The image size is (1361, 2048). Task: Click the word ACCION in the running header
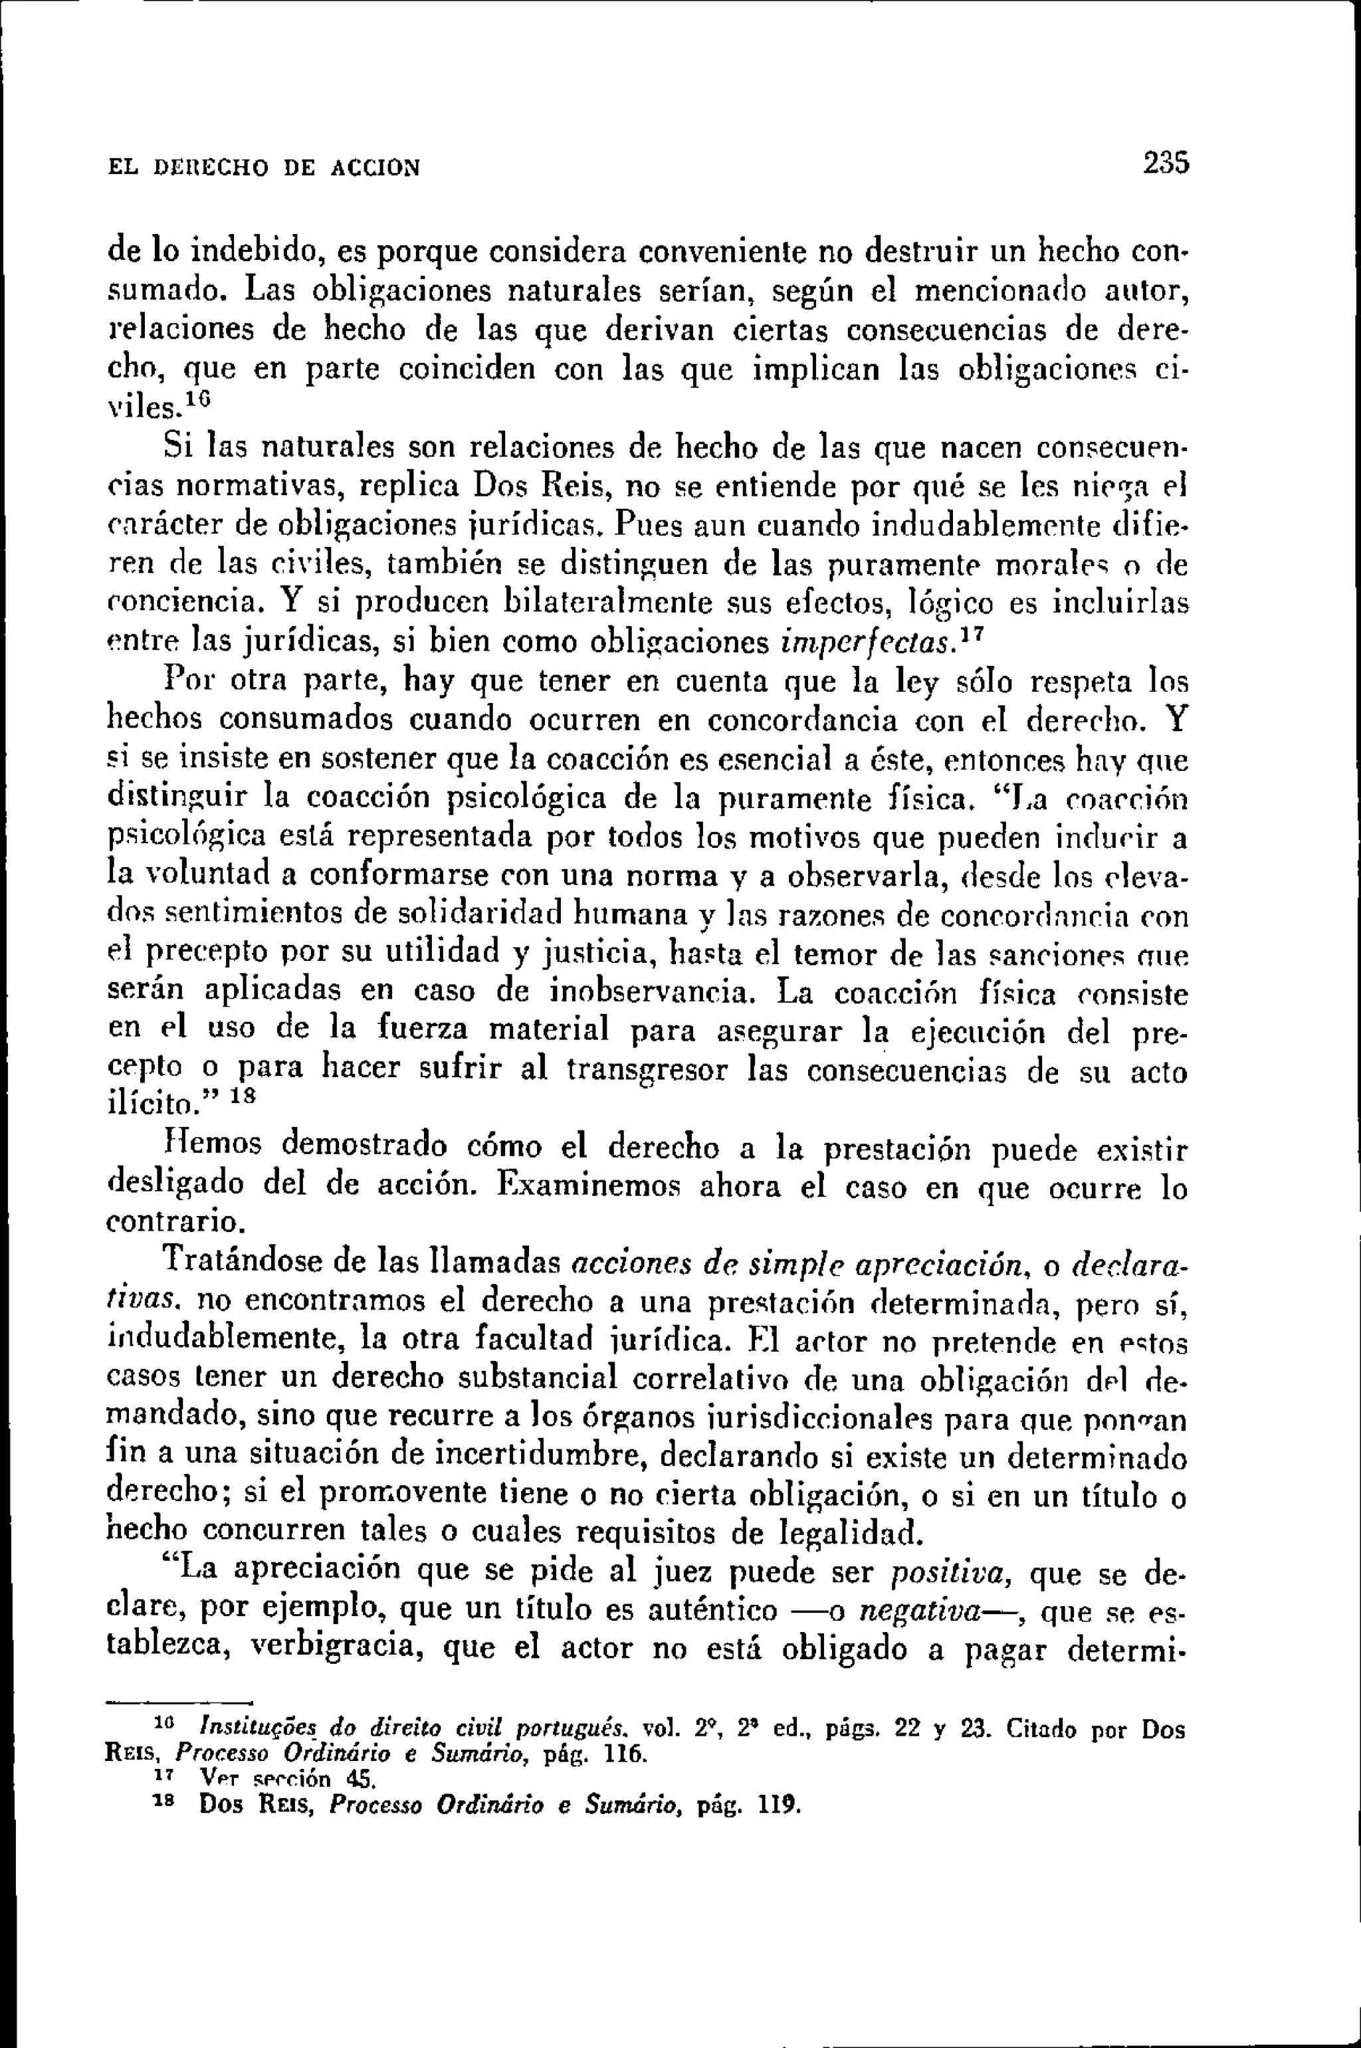pyautogui.click(x=376, y=167)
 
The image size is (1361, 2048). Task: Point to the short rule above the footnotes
pyautogui.click(x=178, y=1702)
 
